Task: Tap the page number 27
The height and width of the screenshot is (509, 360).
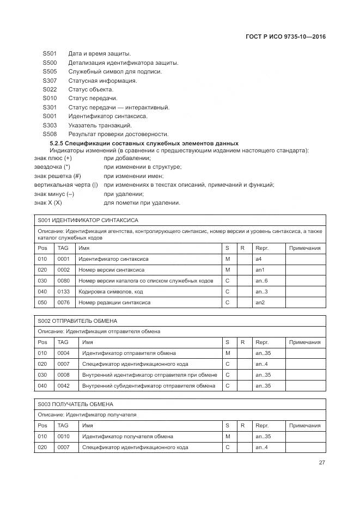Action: [x=322, y=463]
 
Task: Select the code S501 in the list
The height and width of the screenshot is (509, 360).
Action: [x=50, y=54]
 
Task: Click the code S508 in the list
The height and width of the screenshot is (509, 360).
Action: [x=50, y=134]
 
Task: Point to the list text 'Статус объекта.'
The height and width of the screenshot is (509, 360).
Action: [x=90, y=89]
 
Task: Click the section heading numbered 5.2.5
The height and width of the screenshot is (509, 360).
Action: [x=144, y=143]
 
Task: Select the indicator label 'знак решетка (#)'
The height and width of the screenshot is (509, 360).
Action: [x=57, y=176]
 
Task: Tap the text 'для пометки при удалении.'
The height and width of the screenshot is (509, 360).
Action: [x=142, y=203]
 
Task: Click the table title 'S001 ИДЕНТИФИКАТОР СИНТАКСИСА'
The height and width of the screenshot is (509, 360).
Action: [x=88, y=220]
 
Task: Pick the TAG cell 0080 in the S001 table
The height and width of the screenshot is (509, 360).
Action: [x=64, y=281]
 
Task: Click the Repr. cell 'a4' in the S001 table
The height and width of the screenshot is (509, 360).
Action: [x=259, y=259]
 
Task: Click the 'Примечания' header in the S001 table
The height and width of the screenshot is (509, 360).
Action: [x=305, y=248]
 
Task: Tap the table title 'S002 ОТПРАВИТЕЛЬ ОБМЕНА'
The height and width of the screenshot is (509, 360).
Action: [x=77, y=321]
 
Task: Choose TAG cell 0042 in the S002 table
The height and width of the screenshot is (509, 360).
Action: [x=64, y=386]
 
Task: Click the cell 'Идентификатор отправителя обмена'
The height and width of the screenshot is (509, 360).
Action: [x=128, y=353]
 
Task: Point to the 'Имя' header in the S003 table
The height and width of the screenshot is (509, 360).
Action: [x=87, y=426]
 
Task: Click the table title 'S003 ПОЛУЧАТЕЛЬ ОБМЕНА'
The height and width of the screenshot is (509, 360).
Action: [x=76, y=404]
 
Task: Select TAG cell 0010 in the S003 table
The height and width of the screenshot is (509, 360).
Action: [x=64, y=437]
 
